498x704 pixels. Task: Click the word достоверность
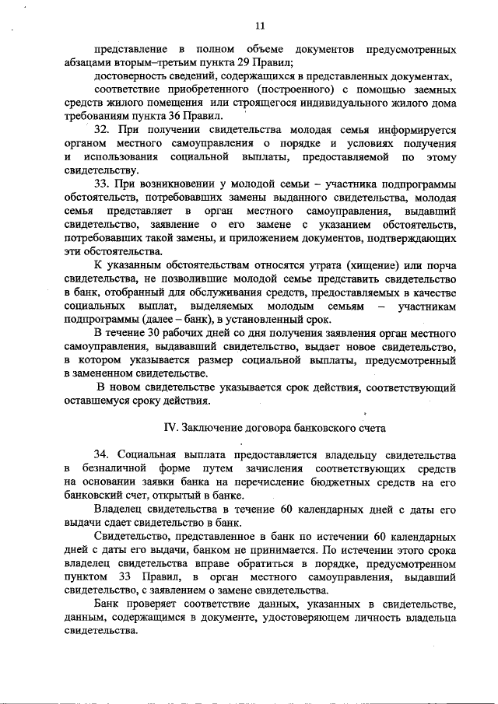tap(135, 76)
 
